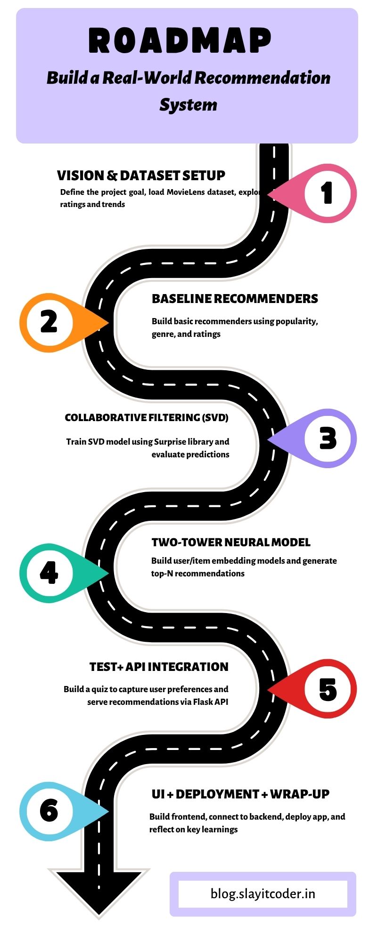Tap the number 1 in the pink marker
click(327, 193)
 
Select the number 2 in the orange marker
click(49, 322)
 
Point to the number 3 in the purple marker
click(328, 438)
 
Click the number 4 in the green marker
click(49, 573)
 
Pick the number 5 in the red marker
click(328, 689)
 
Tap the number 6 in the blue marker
click(49, 810)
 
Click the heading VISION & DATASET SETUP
click(141, 175)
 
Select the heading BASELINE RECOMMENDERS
click(235, 299)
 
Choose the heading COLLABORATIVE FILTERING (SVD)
click(147, 418)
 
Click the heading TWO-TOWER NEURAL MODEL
click(231, 542)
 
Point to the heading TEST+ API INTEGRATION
click(159, 667)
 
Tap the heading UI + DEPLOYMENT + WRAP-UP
click(240, 794)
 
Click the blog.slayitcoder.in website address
click(263, 893)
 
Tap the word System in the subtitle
click(188, 104)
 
